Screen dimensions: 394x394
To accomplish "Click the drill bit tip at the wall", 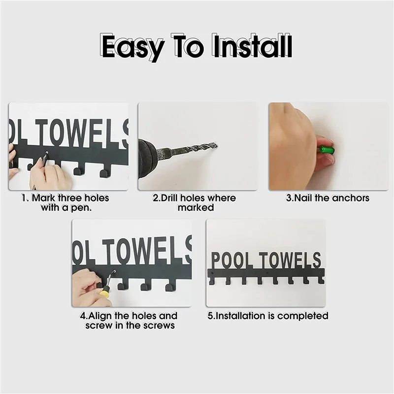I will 215,145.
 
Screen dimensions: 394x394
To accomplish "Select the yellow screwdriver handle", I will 104,294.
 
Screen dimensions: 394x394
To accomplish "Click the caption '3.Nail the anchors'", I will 328,198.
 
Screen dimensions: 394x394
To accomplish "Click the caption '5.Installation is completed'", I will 267,316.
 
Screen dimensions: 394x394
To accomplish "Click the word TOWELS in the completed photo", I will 291,260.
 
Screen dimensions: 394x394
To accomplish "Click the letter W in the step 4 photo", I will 135,251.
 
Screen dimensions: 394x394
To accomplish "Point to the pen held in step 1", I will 44,159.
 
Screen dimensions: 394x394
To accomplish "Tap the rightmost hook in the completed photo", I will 321,280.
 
